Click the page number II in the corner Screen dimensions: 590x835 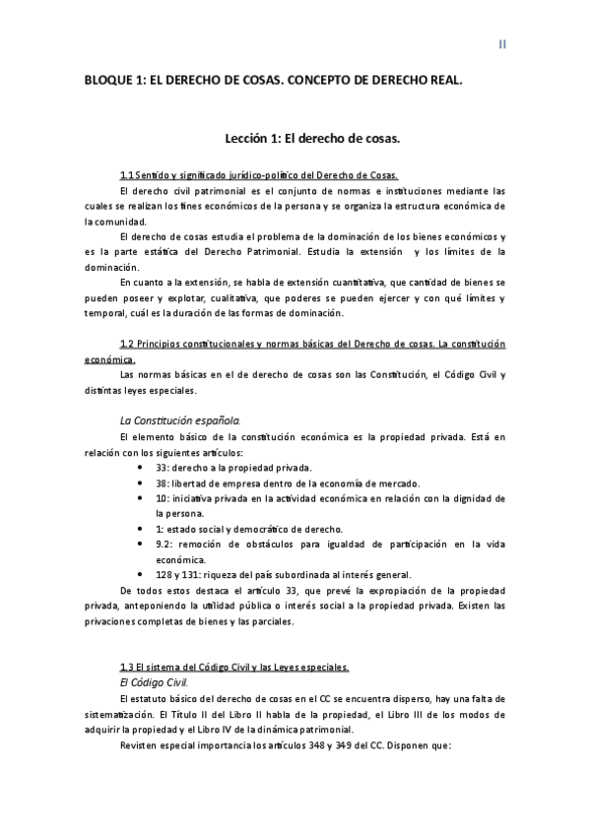(x=501, y=44)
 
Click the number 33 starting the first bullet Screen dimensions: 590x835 (x=163, y=467)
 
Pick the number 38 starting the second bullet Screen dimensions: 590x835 (x=163, y=482)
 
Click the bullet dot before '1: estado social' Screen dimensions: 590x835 (x=144, y=529)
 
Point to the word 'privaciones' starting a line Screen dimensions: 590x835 (x=112, y=621)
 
